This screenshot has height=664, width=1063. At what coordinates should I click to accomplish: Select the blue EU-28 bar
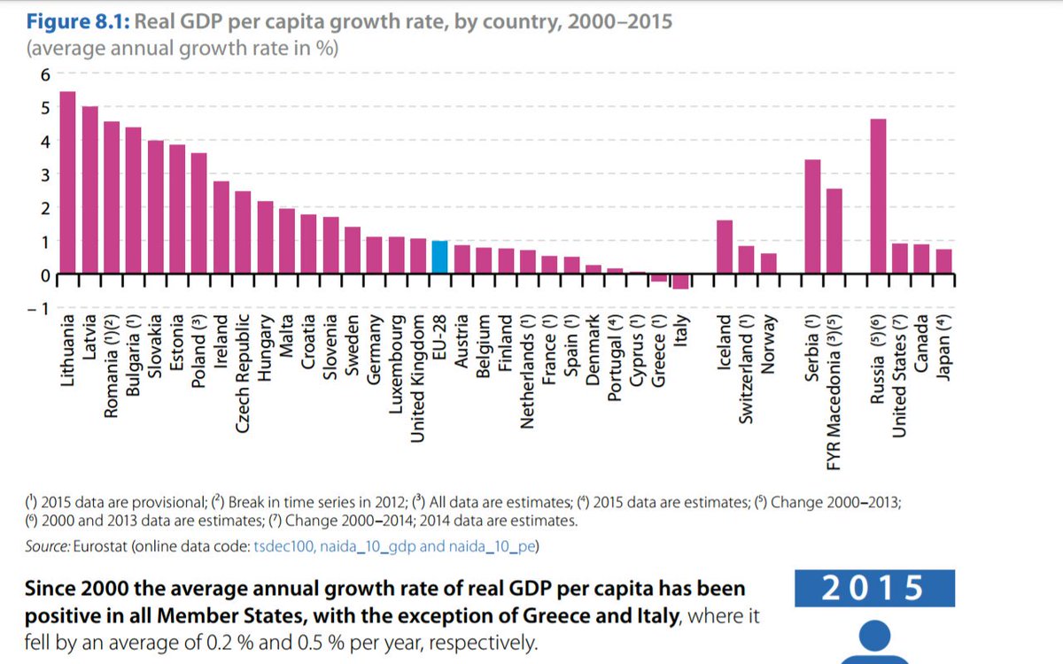pyautogui.click(x=439, y=258)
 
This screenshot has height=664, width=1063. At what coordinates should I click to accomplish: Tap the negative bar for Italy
pyautogui.click(x=680, y=282)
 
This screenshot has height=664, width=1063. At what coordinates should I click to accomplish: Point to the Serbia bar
pyautogui.click(x=812, y=217)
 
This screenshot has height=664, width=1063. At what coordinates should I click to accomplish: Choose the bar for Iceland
pyautogui.click(x=724, y=247)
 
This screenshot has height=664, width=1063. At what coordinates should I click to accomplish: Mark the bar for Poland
pyautogui.click(x=199, y=213)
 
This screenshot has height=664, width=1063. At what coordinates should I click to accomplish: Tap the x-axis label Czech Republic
pyautogui.click(x=243, y=373)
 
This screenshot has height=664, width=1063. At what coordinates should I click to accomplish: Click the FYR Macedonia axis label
pyautogui.click(x=834, y=390)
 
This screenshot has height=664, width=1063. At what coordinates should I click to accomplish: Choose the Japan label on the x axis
pyautogui.click(x=944, y=347)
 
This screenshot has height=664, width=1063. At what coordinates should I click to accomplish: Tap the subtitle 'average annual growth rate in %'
pyautogui.click(x=182, y=48)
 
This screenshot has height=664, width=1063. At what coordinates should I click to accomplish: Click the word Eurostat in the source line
pyautogui.click(x=98, y=546)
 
